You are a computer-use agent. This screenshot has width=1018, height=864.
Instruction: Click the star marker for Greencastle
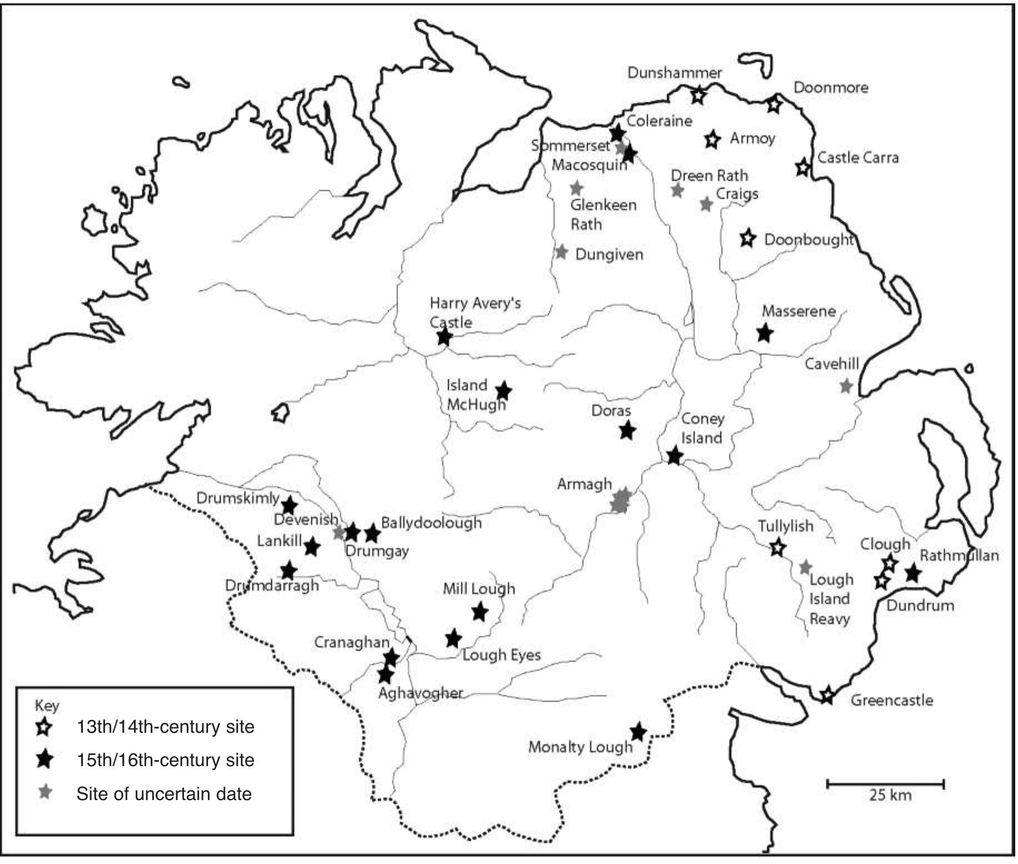[827, 695]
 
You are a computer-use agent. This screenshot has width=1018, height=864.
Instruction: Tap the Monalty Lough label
[580, 747]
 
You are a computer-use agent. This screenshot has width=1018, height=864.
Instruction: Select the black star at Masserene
[765, 333]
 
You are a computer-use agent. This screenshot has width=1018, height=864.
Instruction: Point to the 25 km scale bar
[886, 784]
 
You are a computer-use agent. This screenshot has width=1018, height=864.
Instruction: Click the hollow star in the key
[44, 727]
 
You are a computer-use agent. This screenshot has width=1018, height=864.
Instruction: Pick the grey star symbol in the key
[44, 792]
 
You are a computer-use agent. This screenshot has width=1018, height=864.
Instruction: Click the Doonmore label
[831, 88]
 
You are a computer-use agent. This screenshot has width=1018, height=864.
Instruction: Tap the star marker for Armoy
[712, 140]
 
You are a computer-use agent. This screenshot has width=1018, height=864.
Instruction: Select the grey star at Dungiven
[562, 252]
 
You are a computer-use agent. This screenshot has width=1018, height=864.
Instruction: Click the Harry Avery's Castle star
[444, 336]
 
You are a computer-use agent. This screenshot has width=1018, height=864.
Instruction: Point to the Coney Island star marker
[674, 456]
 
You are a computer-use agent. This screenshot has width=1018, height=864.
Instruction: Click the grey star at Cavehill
[846, 385]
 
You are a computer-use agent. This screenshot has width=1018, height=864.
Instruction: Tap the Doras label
[611, 411]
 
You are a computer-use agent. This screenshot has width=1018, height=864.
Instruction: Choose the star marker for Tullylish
[778, 548]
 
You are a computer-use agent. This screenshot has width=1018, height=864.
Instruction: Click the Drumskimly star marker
[289, 505]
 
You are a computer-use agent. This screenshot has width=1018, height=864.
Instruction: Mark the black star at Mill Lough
[480, 612]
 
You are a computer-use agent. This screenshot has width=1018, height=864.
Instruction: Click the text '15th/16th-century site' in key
[165, 760]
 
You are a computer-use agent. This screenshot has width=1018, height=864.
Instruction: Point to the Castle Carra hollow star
[802, 167]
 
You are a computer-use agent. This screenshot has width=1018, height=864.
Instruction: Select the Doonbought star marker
[748, 238]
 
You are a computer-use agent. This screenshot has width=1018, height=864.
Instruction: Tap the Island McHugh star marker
[503, 390]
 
